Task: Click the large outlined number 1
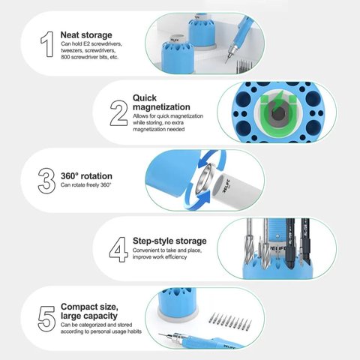pyautogui.click(x=47, y=44)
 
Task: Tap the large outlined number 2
pyautogui.click(x=119, y=113)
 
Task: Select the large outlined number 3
pyautogui.click(x=46, y=181)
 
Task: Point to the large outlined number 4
pyautogui.click(x=118, y=250)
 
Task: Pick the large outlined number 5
pyautogui.click(x=46, y=319)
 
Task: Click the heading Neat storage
pyautogui.click(x=86, y=35)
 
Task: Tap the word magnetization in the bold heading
pyautogui.click(x=161, y=107)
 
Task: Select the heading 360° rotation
pyautogui.click(x=86, y=176)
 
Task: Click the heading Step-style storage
pyautogui.click(x=169, y=241)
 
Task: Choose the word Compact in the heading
pyautogui.click(x=79, y=307)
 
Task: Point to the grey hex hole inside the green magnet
pyautogui.click(x=278, y=114)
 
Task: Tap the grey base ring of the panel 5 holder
pyautogui.click(x=178, y=314)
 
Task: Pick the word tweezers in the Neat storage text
pyautogui.click(x=71, y=51)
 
